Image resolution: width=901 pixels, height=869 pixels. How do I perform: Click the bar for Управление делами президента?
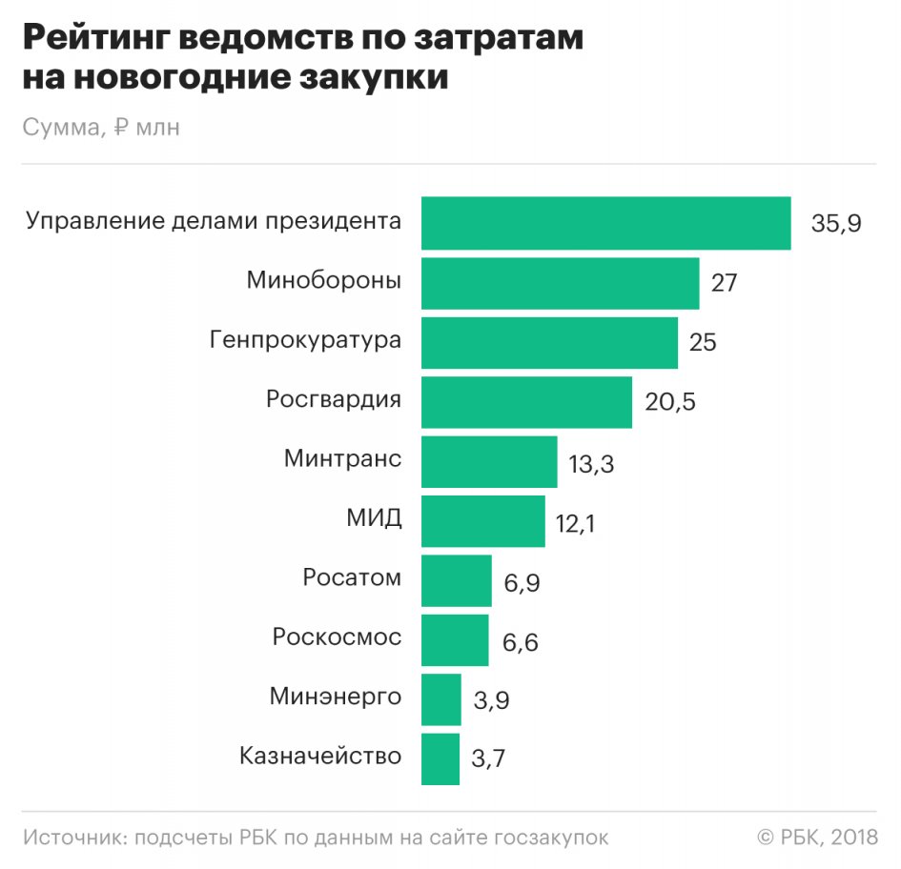605,223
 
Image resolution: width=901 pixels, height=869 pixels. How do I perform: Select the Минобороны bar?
560,283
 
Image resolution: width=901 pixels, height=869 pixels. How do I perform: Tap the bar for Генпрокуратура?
549,342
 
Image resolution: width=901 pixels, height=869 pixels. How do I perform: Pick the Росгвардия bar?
526,402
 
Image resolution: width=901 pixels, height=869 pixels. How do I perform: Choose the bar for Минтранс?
489,461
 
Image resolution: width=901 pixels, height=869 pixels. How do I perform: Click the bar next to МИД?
483,520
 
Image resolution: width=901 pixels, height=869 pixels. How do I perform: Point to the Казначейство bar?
440,758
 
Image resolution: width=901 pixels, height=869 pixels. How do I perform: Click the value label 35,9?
836,224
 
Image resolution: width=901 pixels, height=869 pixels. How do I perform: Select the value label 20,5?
670,402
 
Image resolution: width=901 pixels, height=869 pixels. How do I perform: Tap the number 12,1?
575,522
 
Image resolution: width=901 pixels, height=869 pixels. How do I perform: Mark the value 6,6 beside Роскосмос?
521,641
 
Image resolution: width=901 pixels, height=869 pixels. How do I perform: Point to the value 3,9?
491,700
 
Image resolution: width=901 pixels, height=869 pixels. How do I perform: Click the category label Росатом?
352,577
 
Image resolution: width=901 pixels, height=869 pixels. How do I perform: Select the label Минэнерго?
336,696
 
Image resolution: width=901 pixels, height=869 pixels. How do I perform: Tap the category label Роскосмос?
337,637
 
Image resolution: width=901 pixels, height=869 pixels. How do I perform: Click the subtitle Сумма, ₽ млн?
101,128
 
